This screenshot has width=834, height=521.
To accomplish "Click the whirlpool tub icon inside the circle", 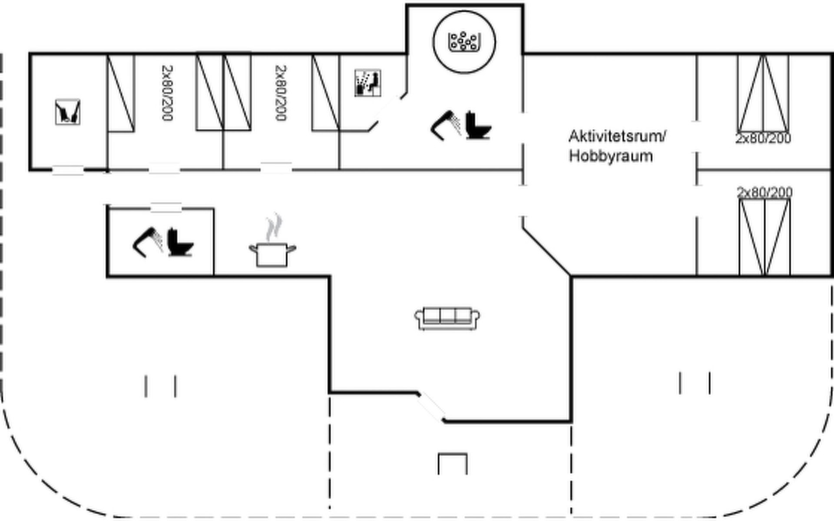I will pyautogui.click(x=464, y=42).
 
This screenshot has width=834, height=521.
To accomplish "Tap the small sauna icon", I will pyautogui.click(x=368, y=82).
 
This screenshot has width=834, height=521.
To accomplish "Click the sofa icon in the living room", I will pyautogui.click(x=447, y=319).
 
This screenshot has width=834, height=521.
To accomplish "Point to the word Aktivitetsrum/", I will pyautogui.click(x=617, y=136).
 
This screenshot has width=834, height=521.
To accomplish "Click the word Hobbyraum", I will pyautogui.click(x=611, y=156).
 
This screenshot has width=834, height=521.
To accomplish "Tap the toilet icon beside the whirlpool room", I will pyautogui.click(x=477, y=126).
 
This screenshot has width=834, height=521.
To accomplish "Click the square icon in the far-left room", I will pyautogui.click(x=68, y=112).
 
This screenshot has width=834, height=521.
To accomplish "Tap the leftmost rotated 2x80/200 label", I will pyautogui.click(x=167, y=93).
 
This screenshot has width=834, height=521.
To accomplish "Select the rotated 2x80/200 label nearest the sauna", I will pyautogui.click(x=281, y=93).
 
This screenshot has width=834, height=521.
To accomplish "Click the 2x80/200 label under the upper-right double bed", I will pyautogui.click(x=763, y=138).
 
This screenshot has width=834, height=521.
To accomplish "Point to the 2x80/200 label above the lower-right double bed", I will pyautogui.click(x=764, y=192).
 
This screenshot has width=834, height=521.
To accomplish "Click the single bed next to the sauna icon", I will pyautogui.click(x=326, y=92).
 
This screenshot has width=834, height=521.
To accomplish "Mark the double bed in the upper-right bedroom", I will pyautogui.click(x=763, y=93).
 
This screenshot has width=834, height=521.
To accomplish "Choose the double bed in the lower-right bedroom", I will pyautogui.click(x=764, y=237).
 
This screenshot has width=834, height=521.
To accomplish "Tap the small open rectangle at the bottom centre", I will pyautogui.click(x=453, y=464).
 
